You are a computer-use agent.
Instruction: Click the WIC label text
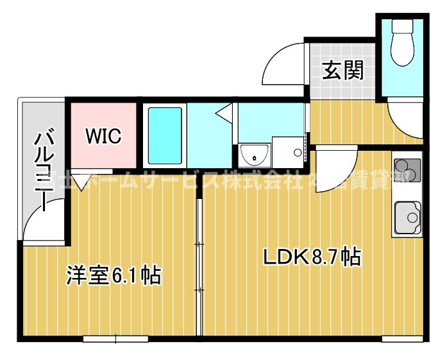click(103, 136)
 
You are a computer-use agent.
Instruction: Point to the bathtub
click(165, 135)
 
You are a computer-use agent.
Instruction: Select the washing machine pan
click(288, 151)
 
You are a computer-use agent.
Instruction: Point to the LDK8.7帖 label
click(312, 257)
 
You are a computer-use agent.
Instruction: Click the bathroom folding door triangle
click(224, 115)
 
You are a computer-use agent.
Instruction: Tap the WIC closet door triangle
click(80, 181)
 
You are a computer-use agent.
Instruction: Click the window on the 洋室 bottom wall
click(115, 338)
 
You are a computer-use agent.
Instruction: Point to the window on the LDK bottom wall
click(401, 338)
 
